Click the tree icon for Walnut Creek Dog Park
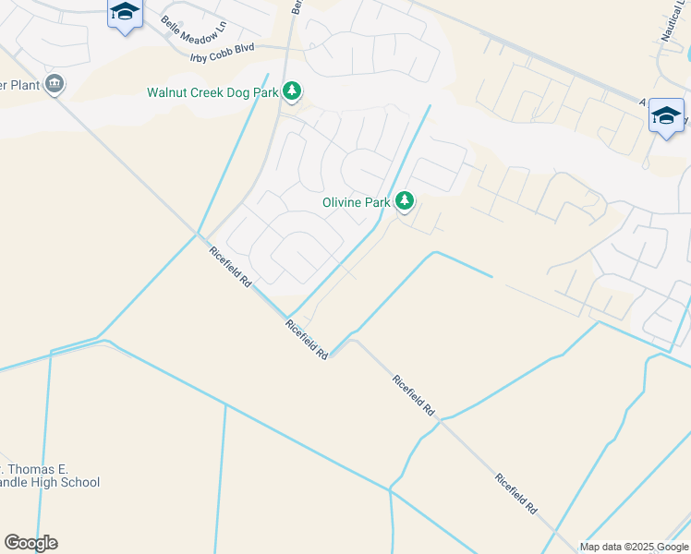[292, 90]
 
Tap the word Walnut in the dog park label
[170, 92]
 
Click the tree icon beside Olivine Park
[404, 200]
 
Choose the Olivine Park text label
[356, 201]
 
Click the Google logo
[30, 543]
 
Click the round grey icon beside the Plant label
[55, 84]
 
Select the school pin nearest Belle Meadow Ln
[124, 13]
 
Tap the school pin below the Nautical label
[666, 116]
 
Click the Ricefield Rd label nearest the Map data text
[516, 494]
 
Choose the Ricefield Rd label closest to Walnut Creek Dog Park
[230, 268]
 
